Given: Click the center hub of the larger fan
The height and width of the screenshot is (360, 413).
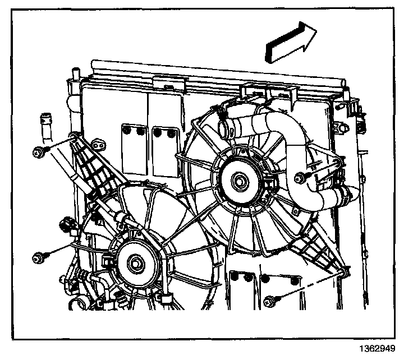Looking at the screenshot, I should [x=241, y=181].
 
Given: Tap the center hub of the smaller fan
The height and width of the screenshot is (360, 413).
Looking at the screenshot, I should [x=136, y=261].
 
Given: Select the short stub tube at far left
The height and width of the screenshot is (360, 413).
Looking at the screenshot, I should [x=43, y=124].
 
